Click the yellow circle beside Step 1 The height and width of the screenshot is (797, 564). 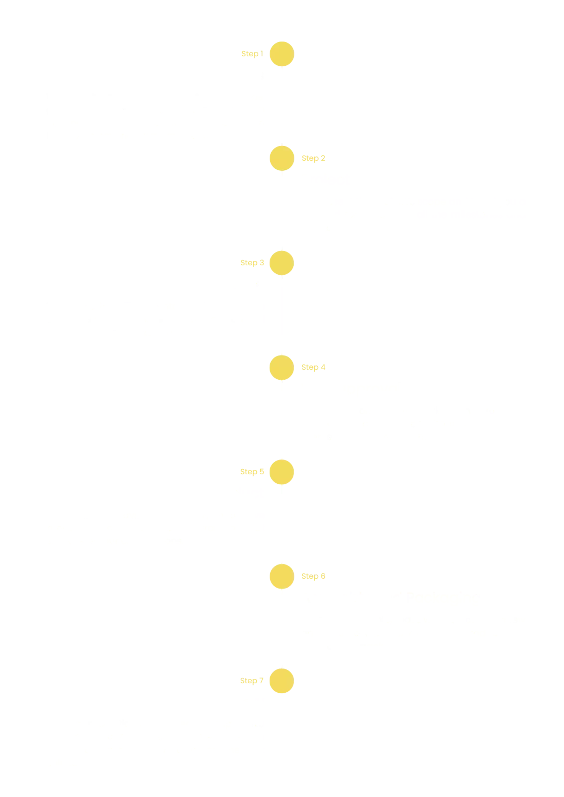(282, 54)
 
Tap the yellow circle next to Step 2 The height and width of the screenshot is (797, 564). (282, 158)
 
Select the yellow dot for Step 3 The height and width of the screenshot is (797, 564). (282, 263)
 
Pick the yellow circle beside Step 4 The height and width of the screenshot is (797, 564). (282, 368)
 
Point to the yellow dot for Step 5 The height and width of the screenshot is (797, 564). (282, 472)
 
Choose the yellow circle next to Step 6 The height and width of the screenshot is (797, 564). (282, 577)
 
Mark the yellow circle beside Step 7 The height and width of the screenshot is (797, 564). (282, 681)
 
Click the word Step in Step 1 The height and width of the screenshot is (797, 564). (250, 54)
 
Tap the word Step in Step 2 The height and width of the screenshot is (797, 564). (310, 159)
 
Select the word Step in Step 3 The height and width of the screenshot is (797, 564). (249, 263)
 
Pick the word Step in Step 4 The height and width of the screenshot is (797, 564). (310, 368)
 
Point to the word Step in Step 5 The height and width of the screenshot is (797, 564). (249, 472)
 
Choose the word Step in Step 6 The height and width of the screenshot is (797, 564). (310, 577)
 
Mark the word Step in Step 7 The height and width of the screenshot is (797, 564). (249, 681)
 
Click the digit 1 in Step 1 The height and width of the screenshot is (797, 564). (262, 53)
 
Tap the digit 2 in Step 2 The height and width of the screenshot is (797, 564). (323, 158)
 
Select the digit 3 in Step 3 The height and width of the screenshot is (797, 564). (262, 262)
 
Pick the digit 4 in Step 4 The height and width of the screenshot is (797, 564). (323, 367)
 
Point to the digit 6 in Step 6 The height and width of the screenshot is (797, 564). (323, 576)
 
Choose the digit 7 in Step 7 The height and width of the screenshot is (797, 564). (262, 680)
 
